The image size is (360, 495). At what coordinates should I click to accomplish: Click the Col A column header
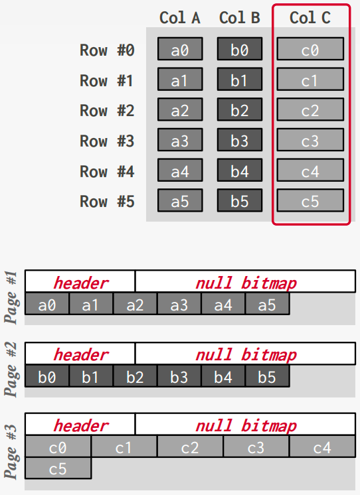point(179,18)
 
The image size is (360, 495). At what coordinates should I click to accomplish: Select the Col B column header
point(239,18)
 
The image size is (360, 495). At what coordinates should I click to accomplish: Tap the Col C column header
point(310,18)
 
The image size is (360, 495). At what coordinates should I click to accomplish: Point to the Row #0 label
point(107,50)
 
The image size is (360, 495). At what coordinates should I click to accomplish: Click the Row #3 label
point(107,141)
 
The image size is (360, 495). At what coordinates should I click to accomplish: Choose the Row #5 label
point(107,201)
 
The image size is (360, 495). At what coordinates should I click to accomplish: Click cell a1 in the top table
point(179,80)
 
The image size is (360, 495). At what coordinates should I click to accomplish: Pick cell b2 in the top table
point(239,110)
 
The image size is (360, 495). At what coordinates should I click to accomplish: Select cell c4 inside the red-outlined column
point(310,171)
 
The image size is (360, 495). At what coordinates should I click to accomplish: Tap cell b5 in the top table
point(239,201)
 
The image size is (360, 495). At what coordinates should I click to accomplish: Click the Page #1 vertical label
point(11,297)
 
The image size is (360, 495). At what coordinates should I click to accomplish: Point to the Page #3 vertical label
point(11,451)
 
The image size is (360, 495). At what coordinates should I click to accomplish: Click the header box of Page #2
point(80,354)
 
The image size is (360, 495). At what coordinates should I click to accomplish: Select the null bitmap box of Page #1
point(245,282)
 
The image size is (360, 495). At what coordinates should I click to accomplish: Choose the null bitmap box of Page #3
point(245,425)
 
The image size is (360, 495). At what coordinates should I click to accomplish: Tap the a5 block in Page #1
point(267,305)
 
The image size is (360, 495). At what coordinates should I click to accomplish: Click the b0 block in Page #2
point(46,377)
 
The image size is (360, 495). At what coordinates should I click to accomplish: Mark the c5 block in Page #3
point(58,469)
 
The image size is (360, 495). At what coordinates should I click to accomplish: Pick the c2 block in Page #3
point(189,448)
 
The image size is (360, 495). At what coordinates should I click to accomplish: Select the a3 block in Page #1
point(179,305)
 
